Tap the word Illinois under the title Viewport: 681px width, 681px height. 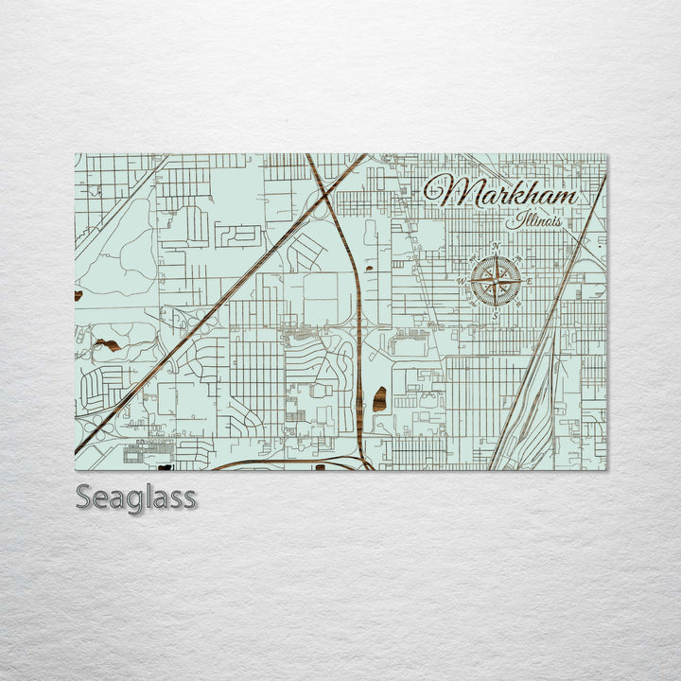pos(534,221)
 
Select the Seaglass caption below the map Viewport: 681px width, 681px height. pos(136,497)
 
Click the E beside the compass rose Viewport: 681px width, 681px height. pos(530,282)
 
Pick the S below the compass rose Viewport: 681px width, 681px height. pos(494,316)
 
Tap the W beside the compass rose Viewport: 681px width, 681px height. pos(462,281)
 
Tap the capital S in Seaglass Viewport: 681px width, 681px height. pos(85,496)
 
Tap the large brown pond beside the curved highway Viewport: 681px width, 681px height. pos(380,399)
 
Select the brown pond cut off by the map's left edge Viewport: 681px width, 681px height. pos(78,295)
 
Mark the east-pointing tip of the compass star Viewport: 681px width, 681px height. pos(521,282)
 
